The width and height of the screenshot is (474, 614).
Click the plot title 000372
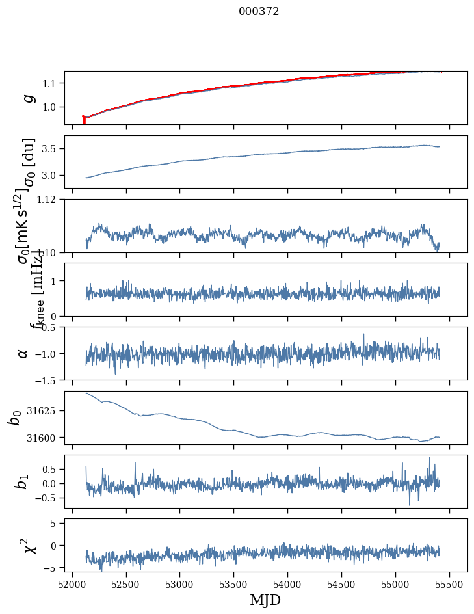click(x=259, y=11)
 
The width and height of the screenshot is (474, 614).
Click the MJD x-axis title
click(x=265, y=600)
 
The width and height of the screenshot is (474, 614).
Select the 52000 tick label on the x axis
click(x=72, y=584)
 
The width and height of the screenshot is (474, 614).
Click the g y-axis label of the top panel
click(x=27, y=98)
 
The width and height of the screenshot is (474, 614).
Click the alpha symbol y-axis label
click(x=23, y=353)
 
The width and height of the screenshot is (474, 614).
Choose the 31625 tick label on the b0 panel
click(x=46, y=411)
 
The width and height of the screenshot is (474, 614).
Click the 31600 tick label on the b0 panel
click(x=46, y=438)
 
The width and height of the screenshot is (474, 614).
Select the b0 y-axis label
click(x=14, y=418)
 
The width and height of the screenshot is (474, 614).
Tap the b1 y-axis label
click(x=22, y=481)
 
